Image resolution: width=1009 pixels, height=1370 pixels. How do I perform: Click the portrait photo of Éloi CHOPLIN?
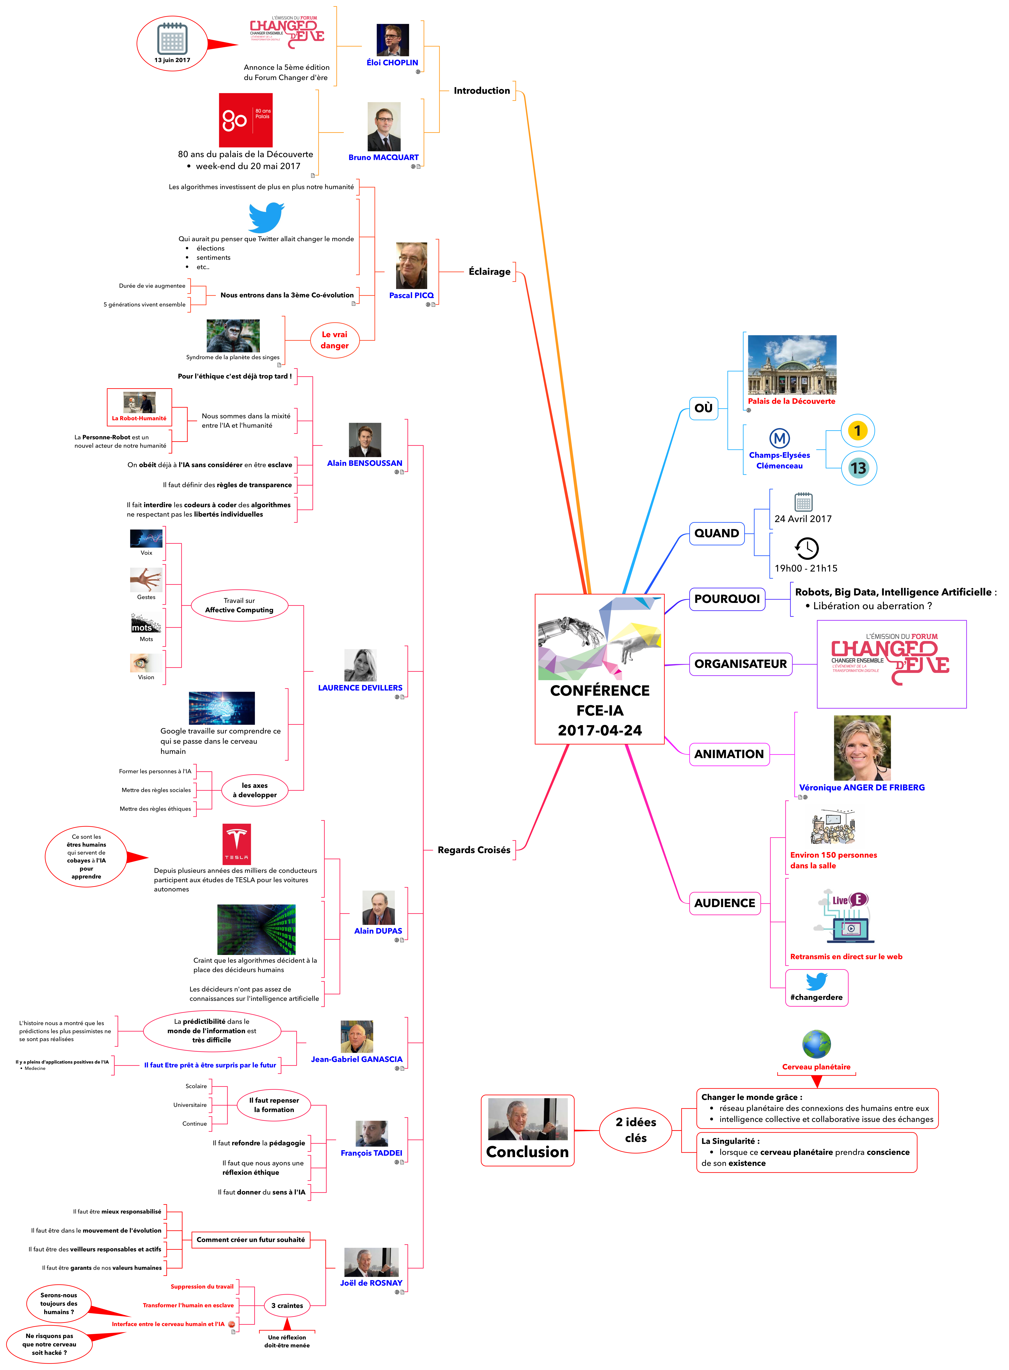(392, 40)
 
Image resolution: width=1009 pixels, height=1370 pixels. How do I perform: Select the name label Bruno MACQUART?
(384, 158)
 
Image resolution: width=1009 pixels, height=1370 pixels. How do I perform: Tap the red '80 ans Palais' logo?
(245, 120)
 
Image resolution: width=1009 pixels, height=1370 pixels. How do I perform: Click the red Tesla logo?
(236, 844)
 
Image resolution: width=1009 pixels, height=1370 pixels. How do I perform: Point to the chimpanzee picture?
(233, 336)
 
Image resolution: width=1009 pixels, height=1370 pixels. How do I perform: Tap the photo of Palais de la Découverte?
(792, 365)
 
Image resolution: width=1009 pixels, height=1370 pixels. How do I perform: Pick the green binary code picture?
(256, 930)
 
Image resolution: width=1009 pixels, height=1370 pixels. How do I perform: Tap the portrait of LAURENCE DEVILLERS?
(360, 665)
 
